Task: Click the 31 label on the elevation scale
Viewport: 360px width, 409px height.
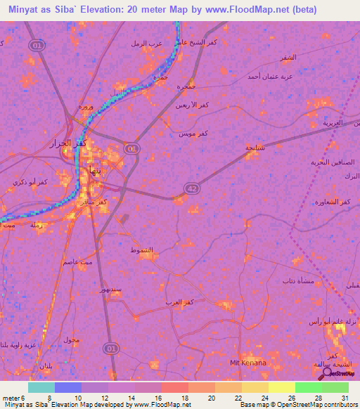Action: coord(343,398)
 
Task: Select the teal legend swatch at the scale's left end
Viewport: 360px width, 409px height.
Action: coord(41,387)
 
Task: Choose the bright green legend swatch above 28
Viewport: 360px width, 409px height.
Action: coord(308,387)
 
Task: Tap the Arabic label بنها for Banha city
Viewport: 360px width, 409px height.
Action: coord(92,169)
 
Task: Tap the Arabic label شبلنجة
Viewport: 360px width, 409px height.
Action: coord(255,147)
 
